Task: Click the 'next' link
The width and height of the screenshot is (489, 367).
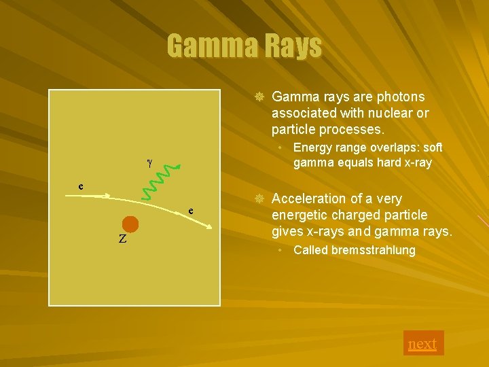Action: pos(422,344)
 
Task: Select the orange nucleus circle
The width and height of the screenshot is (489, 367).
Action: pos(130,224)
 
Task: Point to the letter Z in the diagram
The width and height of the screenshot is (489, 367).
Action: pos(122,239)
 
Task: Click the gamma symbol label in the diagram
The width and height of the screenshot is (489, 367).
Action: pos(149,162)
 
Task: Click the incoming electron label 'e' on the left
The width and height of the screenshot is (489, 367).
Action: pos(81,186)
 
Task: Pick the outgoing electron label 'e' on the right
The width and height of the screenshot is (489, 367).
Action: pos(192,211)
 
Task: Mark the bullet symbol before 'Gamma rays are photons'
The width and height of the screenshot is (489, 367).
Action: pos(258,97)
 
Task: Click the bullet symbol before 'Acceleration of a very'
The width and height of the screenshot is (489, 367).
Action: pos(258,198)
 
